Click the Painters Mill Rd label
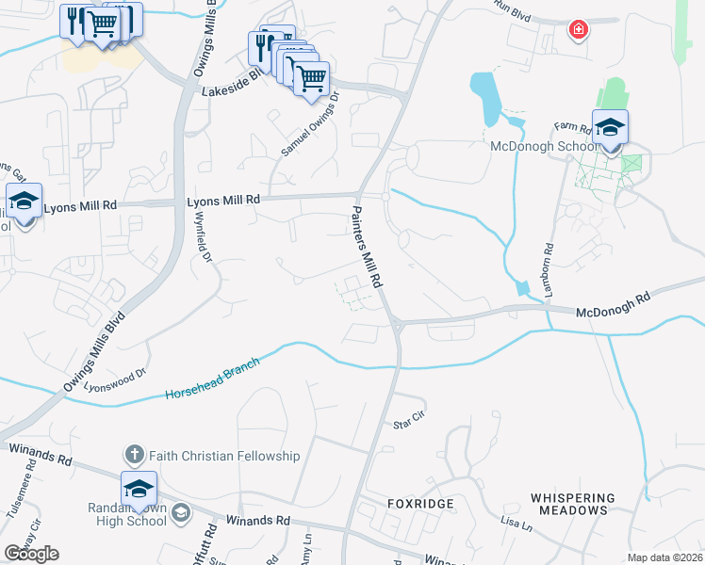coord(368,247)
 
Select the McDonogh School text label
coord(543,146)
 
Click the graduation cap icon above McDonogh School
coord(610,127)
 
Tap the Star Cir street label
coord(410,423)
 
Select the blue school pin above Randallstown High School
coord(139,489)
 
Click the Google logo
coord(31,554)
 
